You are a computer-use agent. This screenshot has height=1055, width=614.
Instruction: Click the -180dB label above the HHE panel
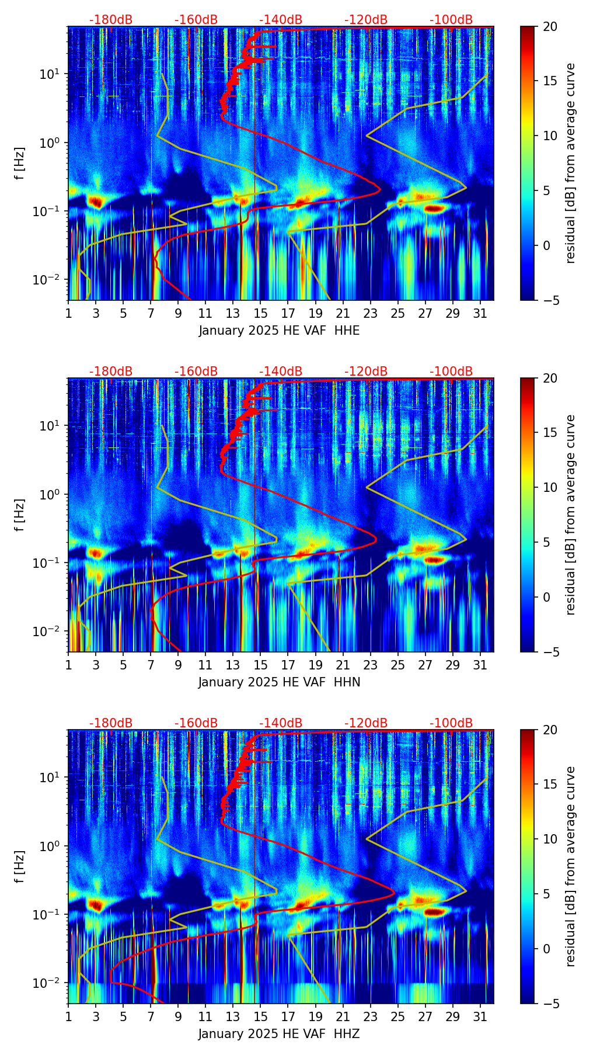[111, 20]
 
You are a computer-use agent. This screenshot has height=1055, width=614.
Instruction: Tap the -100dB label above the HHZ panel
[451, 723]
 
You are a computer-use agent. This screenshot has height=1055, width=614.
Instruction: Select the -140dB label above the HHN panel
[281, 372]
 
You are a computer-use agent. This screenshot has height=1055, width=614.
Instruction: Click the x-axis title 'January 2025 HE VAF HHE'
[279, 331]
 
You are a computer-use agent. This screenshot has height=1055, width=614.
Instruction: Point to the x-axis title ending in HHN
[279, 682]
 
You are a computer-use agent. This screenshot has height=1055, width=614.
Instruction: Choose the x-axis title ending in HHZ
[279, 1034]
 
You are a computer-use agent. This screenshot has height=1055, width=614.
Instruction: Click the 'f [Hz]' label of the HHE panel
[20, 163]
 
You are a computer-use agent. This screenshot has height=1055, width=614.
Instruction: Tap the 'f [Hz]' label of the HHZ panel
[20, 866]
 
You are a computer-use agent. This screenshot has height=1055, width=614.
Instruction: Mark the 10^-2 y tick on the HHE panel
[49, 280]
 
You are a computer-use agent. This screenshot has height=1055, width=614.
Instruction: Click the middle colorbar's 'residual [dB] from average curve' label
[571, 515]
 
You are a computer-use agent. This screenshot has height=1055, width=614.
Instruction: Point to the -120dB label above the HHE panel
[366, 20]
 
